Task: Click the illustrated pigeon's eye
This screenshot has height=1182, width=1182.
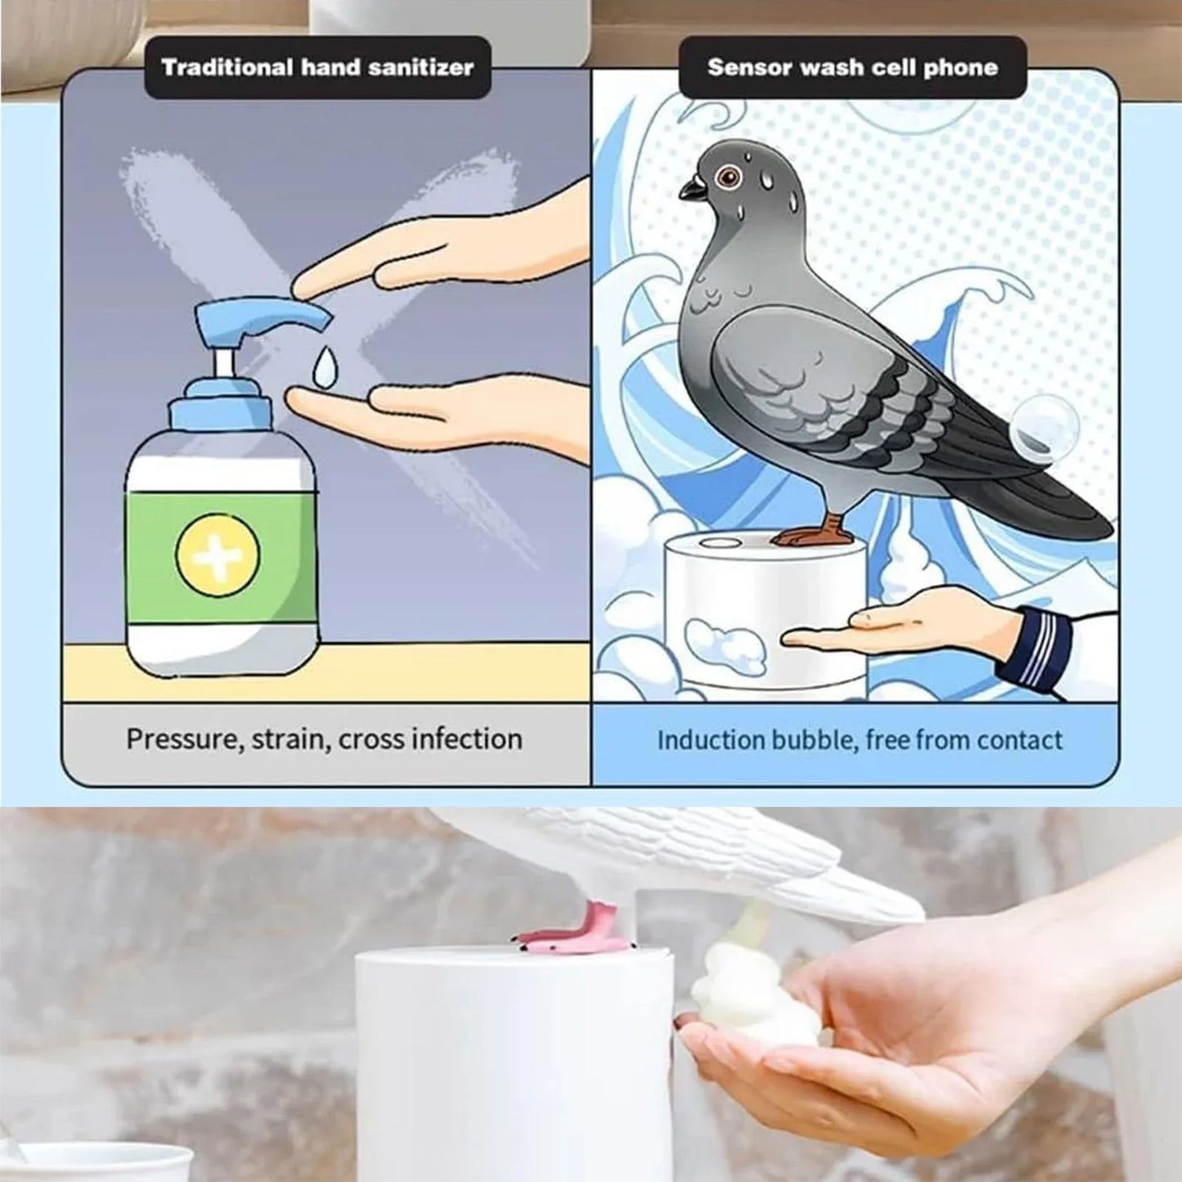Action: click(x=726, y=176)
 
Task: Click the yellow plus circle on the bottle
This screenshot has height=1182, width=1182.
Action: click(x=218, y=554)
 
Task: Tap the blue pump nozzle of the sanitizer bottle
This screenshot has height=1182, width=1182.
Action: click(x=262, y=315)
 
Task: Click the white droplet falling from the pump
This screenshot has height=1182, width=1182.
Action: click(x=325, y=367)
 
